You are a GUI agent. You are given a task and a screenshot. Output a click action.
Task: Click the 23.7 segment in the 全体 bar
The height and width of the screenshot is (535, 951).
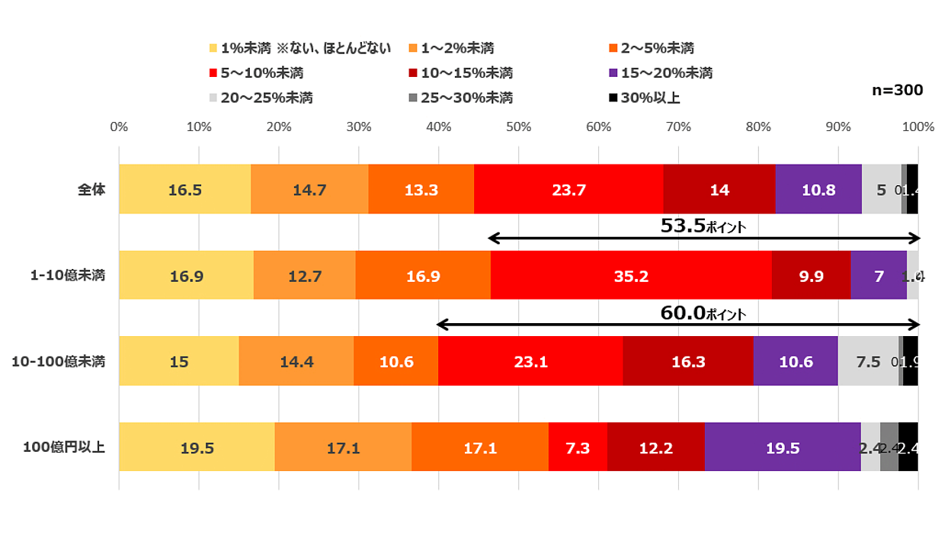[568, 190]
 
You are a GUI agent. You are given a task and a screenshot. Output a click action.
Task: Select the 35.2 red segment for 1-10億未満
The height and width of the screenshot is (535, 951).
[631, 276]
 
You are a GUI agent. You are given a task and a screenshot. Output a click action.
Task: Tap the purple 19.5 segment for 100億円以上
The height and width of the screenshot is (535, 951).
[783, 447]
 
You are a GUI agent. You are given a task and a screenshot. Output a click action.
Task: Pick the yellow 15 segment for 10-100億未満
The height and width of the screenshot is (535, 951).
[179, 362]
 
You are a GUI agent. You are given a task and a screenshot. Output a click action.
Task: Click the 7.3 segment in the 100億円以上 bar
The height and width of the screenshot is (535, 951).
[578, 447]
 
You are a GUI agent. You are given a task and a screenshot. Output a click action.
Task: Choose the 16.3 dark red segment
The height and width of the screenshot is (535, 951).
[688, 362]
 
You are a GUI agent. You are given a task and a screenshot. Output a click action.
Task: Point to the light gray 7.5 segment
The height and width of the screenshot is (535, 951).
[868, 362]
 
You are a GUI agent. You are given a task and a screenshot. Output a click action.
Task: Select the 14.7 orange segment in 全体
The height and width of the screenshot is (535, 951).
[309, 190]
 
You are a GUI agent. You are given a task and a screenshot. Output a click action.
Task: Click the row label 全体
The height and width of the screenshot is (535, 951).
[91, 190]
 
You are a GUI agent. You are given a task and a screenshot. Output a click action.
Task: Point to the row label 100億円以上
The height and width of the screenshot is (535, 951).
[64, 447]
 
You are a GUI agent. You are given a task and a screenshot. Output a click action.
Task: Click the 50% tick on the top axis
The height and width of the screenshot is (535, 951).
[518, 127]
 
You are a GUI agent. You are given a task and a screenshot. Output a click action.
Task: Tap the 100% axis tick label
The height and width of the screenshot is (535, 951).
[917, 127]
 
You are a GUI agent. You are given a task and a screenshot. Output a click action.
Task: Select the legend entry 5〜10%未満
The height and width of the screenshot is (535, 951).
[260, 73]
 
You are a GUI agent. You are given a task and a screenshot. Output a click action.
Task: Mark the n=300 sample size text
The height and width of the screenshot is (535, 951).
[897, 90]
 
